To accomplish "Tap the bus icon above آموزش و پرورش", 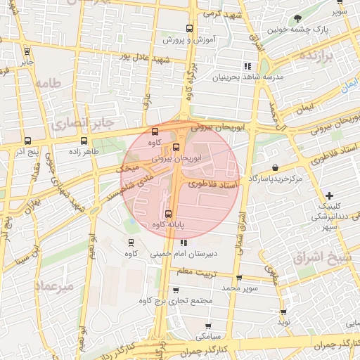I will click(188, 29).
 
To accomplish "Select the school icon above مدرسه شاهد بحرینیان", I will click(247, 66).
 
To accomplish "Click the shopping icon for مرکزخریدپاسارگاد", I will click(274, 167).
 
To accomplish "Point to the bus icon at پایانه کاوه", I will click(167, 214).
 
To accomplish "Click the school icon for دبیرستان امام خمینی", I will click(184, 243).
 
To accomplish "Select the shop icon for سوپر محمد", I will click(239, 278).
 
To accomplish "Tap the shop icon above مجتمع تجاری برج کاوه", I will click(176, 289).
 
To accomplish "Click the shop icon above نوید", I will click(283, 311).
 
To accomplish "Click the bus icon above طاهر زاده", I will click(84, 141).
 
